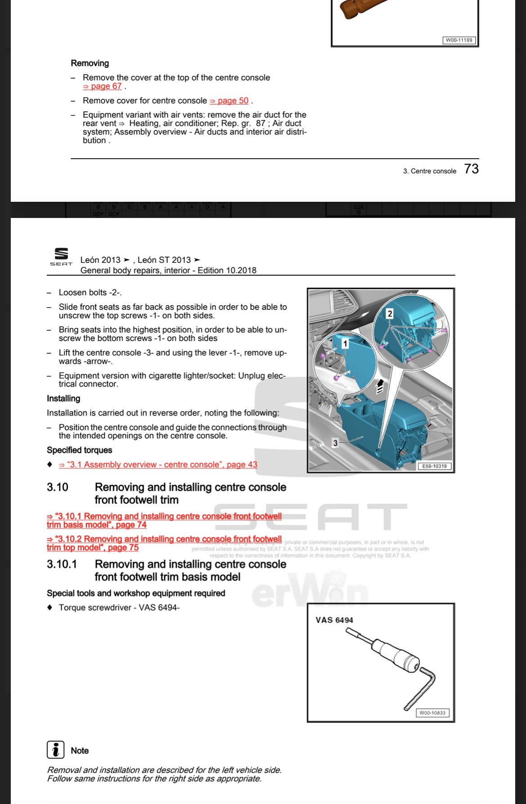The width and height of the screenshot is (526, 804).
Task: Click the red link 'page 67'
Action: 103,86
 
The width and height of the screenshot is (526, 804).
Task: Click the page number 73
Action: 471,169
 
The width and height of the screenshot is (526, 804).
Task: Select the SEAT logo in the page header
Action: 61,257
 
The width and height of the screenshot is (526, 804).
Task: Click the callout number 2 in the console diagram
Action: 390,314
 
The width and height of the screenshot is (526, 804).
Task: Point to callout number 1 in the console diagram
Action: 345,344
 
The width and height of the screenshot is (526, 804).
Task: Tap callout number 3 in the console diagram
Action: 335,443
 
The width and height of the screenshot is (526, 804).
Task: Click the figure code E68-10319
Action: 434,466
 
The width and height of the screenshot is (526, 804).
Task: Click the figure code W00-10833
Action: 432,713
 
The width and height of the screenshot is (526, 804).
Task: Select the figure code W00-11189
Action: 459,40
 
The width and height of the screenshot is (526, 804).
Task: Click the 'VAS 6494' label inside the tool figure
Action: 334,620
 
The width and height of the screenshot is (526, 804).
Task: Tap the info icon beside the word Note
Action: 56,750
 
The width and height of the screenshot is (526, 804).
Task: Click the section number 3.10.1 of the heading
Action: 62,564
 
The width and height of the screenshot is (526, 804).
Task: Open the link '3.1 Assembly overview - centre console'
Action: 158,465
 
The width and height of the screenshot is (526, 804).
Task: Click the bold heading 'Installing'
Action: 63,399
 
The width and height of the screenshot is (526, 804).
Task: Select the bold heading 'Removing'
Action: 90,63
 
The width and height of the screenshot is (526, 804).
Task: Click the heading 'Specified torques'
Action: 80,450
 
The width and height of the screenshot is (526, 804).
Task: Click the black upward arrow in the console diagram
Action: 380,385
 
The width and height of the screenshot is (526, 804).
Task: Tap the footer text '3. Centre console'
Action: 429,171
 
